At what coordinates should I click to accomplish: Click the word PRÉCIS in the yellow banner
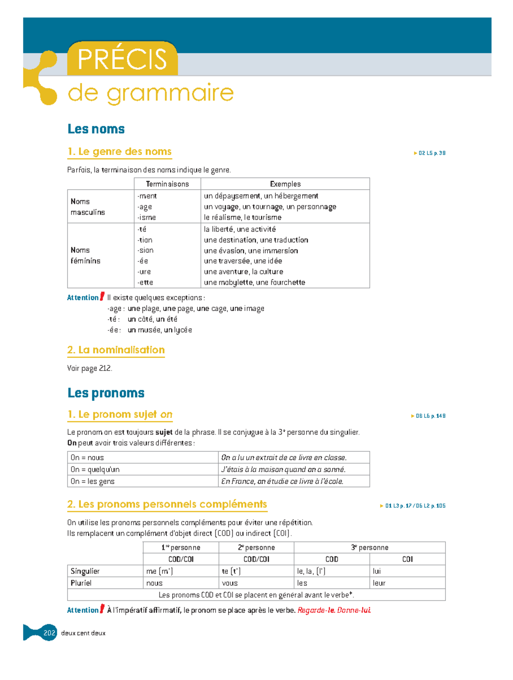pos(122,59)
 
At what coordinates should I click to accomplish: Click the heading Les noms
pos(96,129)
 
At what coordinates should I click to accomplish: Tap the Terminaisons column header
pos(167,184)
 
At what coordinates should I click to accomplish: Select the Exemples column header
pos(285,184)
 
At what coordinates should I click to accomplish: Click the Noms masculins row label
pos(88,207)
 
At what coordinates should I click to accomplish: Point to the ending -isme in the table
pos(147,217)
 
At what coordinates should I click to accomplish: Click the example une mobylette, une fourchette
pos(254,282)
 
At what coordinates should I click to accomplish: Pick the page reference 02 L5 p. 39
pos(431,153)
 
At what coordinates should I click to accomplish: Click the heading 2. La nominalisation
pos(116,350)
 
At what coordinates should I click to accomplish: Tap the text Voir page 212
pos(90,368)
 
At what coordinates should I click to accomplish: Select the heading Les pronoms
pos(106,393)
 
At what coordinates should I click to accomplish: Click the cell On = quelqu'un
pos(95,470)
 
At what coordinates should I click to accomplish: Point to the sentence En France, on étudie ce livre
pos(282,482)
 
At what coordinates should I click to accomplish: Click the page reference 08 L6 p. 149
pos(430,416)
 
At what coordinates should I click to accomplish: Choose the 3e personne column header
pos(369,548)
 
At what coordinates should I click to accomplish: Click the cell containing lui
pos(377,571)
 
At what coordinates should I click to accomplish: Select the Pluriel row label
pos(81,583)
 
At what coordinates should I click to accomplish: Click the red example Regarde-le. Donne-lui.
pos(334,610)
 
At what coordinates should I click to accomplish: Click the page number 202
pos(50,633)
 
